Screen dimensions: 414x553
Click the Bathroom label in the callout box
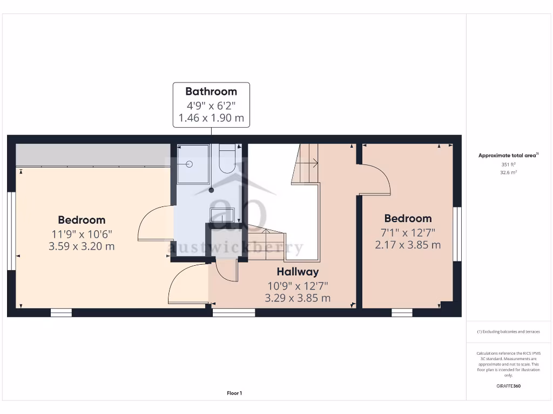pyautogui.click(x=211, y=91)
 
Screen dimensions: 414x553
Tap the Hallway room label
pyautogui.click(x=298, y=272)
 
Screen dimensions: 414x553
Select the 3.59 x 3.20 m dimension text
pyautogui.click(x=82, y=246)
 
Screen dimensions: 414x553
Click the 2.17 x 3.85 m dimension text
pyautogui.click(x=408, y=245)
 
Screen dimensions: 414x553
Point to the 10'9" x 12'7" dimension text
pyautogui.click(x=298, y=285)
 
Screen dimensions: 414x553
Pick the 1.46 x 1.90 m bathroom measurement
pyautogui.click(x=211, y=118)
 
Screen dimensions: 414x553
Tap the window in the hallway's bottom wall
pyautogui.click(x=234, y=312)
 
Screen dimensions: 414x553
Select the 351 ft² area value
pyautogui.click(x=508, y=164)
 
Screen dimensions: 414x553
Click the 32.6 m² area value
pyautogui.click(x=508, y=172)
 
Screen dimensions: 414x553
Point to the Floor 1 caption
pyautogui.click(x=234, y=393)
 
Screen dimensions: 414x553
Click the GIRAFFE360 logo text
pyautogui.click(x=508, y=386)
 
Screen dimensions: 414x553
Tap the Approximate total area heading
pyautogui.click(x=508, y=155)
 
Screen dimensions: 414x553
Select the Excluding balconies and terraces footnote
pyautogui.click(x=508, y=332)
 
